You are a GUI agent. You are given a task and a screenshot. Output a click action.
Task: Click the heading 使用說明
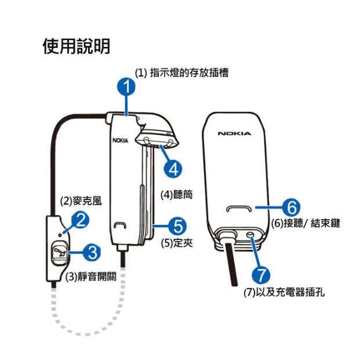click(x=76, y=46)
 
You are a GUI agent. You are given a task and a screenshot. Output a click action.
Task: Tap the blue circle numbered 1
click(x=126, y=88)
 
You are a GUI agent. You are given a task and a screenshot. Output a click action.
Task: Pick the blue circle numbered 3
click(x=90, y=252)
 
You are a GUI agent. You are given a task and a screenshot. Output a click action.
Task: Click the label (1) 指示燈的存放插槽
click(x=181, y=73)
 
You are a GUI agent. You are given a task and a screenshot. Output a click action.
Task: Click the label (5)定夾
click(x=177, y=242)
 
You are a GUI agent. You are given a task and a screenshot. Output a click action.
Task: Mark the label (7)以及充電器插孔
click(x=284, y=290)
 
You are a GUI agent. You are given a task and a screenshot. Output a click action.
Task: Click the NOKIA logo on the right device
click(x=234, y=133)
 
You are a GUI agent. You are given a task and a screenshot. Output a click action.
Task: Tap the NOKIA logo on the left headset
click(x=121, y=140)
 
